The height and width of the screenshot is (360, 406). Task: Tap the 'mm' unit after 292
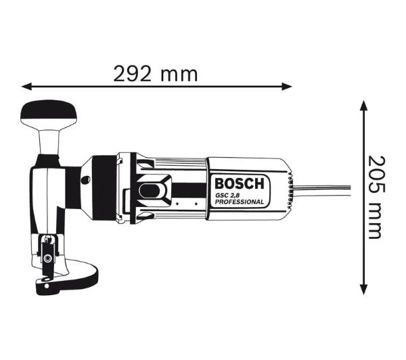click(179, 74)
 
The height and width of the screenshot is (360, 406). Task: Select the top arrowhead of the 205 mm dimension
click(363, 106)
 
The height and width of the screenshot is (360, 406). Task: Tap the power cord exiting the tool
click(325, 187)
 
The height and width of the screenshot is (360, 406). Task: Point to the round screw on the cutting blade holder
click(47, 254)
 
